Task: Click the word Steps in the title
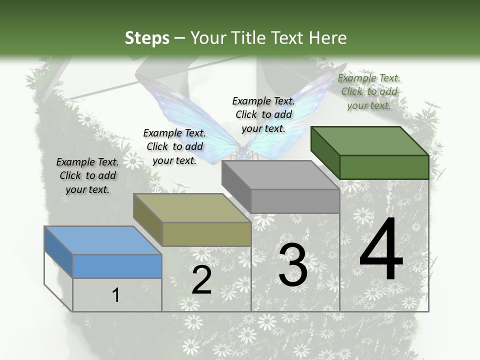click(147, 38)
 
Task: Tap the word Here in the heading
click(326, 38)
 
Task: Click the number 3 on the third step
click(292, 265)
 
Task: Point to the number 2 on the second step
click(201, 280)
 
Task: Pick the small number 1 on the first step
click(116, 295)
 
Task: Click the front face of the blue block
click(117, 266)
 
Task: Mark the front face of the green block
click(384, 167)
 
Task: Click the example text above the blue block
click(87, 175)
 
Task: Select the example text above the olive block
click(174, 146)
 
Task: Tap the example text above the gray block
click(263, 114)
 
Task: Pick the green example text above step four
click(369, 91)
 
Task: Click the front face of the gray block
click(295, 201)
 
